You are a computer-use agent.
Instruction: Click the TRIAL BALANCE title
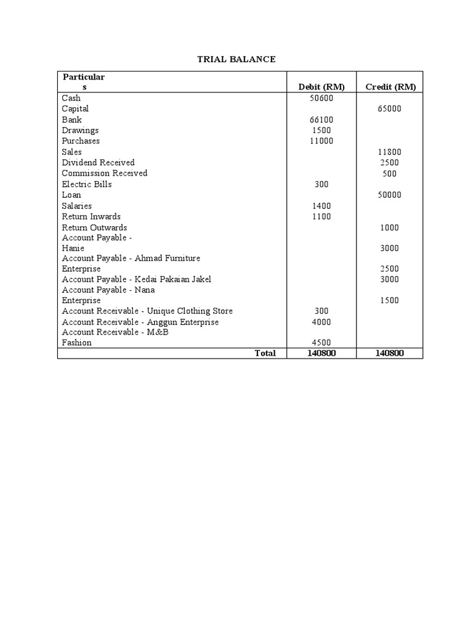[x=236, y=59]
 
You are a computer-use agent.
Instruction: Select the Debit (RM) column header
[x=321, y=87]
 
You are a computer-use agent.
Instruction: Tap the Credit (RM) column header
[x=390, y=87]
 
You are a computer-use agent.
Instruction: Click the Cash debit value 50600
[x=321, y=98]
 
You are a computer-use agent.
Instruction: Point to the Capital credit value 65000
[x=389, y=109]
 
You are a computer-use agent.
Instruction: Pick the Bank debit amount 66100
[x=321, y=120]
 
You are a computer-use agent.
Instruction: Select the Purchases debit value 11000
[x=321, y=141]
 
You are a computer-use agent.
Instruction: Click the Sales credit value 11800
[x=389, y=152]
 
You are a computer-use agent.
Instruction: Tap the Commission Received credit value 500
[x=389, y=174]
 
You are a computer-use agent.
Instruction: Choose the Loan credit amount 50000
[x=389, y=195]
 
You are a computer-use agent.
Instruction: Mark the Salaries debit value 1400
[x=321, y=206]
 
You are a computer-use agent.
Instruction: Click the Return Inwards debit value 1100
[x=321, y=217]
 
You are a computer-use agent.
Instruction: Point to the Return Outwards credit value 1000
[x=389, y=227]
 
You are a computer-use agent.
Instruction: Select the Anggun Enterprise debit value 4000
[x=321, y=322]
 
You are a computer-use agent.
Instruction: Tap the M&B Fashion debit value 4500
[x=321, y=343]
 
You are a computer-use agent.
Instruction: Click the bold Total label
[x=265, y=353]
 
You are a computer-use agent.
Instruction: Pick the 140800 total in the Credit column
[x=389, y=353]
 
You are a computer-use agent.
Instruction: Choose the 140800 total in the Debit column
[x=321, y=353]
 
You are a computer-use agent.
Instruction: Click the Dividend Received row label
[x=98, y=163]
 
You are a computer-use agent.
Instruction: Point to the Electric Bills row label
[x=87, y=184]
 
